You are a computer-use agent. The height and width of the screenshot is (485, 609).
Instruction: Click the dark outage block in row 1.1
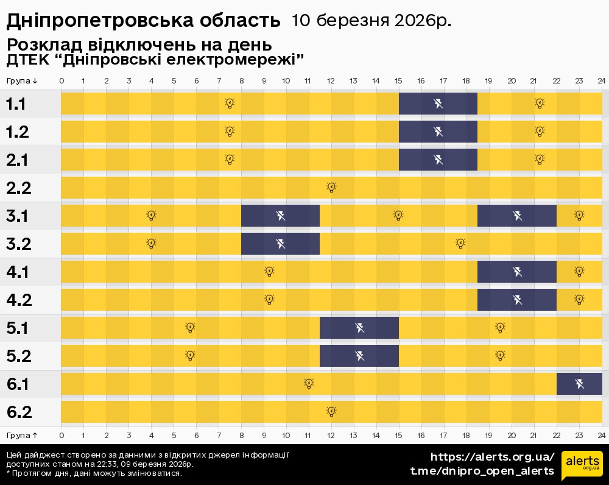[438, 104]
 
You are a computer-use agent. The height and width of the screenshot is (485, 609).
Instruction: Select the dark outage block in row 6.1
[579, 384]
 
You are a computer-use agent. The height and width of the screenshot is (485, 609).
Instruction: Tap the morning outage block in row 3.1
[280, 216]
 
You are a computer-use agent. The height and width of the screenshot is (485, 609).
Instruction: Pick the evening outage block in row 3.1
[516, 216]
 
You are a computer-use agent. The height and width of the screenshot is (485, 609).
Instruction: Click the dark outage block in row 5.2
[359, 356]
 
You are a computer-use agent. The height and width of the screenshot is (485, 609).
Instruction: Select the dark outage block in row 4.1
[516, 272]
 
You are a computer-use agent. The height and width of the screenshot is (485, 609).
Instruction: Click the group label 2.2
[19, 188]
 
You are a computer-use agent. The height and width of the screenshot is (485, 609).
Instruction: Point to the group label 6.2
[19, 412]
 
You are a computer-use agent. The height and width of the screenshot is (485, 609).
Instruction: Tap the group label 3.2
[19, 244]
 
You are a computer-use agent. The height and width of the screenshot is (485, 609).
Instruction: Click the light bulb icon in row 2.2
[331, 187]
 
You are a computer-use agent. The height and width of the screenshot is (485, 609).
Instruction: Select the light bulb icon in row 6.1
[309, 383]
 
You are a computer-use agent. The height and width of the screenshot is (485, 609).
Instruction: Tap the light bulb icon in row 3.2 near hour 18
[460, 243]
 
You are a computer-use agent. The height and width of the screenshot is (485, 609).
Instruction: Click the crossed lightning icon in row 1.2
[438, 131]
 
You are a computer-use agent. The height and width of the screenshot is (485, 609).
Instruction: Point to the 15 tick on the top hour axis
[399, 81]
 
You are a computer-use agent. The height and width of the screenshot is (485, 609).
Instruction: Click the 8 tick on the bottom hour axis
[242, 435]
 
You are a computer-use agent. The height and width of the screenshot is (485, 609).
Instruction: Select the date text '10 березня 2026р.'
[371, 21]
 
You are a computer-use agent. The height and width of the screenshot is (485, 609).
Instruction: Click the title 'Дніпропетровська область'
[143, 21]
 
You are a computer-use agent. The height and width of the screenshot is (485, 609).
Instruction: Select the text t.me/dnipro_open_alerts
[482, 471]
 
